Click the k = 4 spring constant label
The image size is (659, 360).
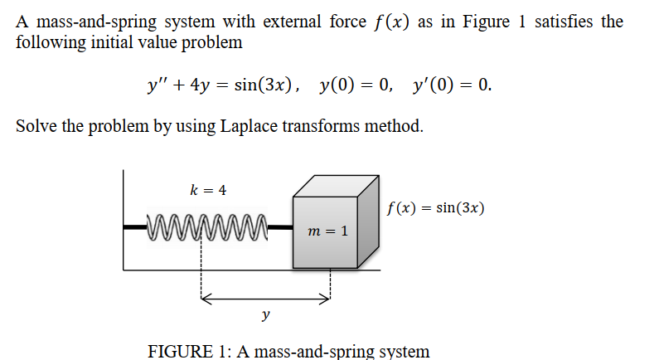coord(208,190)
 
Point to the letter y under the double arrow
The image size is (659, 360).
coord(265,314)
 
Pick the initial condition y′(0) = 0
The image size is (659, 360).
coord(449,85)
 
